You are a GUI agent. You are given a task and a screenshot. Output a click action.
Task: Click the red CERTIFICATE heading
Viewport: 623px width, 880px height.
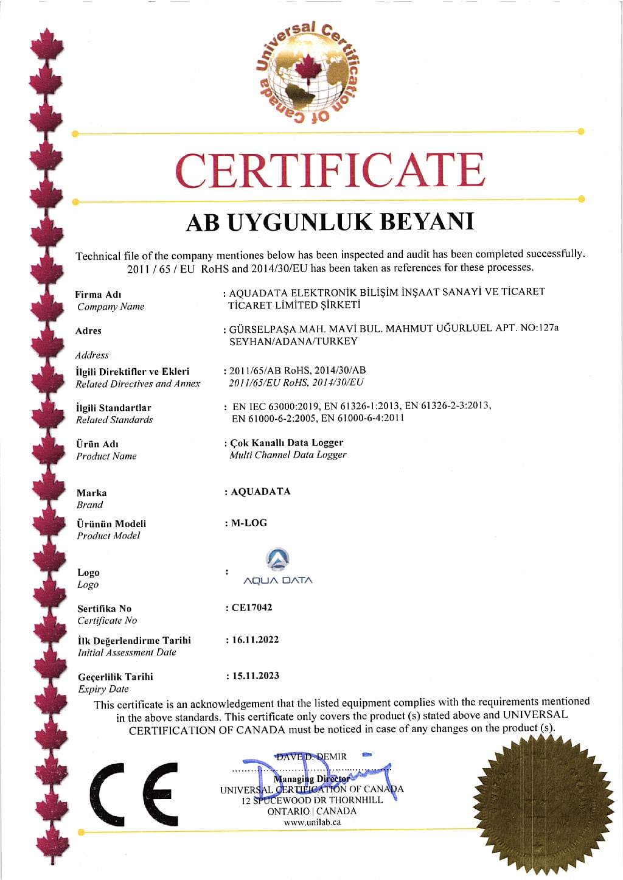(330, 170)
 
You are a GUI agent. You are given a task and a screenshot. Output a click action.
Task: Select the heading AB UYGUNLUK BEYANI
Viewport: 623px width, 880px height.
(329, 222)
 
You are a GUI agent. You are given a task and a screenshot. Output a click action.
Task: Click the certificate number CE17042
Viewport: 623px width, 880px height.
(252, 607)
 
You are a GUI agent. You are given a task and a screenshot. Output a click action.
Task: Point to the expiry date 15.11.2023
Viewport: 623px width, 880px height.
(256, 676)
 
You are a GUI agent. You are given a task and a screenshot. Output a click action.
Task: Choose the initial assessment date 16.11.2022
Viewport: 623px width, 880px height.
(255, 640)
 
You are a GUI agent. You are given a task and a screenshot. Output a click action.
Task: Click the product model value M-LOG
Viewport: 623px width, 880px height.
(249, 523)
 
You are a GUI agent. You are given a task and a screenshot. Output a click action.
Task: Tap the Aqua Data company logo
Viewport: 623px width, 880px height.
(278, 567)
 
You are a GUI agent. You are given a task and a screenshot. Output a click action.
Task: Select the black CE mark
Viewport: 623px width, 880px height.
(134, 794)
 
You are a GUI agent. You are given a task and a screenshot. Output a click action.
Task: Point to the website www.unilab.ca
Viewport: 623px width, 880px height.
(312, 822)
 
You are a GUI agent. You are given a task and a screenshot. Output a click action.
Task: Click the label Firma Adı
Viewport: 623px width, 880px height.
(98, 295)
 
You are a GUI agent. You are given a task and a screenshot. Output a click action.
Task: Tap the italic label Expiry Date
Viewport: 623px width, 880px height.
(103, 689)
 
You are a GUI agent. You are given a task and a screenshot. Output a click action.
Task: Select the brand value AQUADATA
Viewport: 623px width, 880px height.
(260, 492)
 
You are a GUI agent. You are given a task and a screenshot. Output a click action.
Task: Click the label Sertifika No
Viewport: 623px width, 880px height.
(104, 609)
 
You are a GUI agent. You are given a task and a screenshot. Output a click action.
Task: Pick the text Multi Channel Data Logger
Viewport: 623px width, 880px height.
(288, 455)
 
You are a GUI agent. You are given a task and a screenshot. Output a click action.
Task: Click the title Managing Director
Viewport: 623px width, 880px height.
(311, 779)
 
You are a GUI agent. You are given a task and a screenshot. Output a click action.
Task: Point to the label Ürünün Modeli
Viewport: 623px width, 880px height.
(111, 523)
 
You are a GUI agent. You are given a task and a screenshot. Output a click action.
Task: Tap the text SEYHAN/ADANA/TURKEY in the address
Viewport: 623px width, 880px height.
(293, 341)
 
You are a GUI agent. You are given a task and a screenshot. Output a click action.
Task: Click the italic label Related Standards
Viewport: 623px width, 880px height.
(114, 420)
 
